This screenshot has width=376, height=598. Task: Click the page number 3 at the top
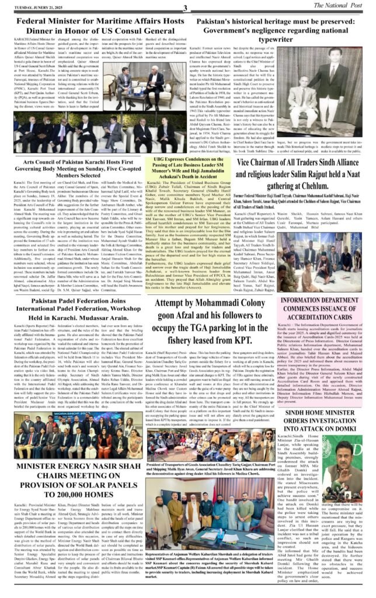click(184, 6)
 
